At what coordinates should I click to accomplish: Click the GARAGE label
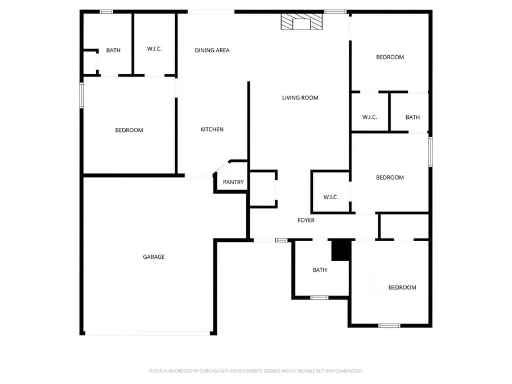[x=154, y=257]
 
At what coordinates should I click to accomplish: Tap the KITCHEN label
[x=212, y=130]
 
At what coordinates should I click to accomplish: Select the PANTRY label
[x=233, y=183]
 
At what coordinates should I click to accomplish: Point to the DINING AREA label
[x=212, y=51]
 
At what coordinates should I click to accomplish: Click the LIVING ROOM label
[x=300, y=98]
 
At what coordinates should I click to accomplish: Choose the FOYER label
[x=306, y=221]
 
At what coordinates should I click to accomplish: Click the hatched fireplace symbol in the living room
[x=302, y=23]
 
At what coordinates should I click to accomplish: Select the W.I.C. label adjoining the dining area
[x=154, y=49]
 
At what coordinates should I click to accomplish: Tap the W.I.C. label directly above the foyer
[x=331, y=197]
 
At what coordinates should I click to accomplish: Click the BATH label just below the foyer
[x=320, y=270]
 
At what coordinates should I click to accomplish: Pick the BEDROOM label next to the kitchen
[x=129, y=130]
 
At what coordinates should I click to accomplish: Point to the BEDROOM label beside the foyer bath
[x=402, y=288]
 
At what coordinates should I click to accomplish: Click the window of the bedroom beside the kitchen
[x=82, y=95]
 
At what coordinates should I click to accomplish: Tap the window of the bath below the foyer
[x=319, y=297]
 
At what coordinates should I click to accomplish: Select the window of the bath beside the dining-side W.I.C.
[x=106, y=11]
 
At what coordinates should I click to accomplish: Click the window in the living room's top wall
[x=336, y=11]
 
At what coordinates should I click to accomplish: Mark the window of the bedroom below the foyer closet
[x=389, y=325]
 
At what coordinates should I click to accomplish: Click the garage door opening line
[x=148, y=334]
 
